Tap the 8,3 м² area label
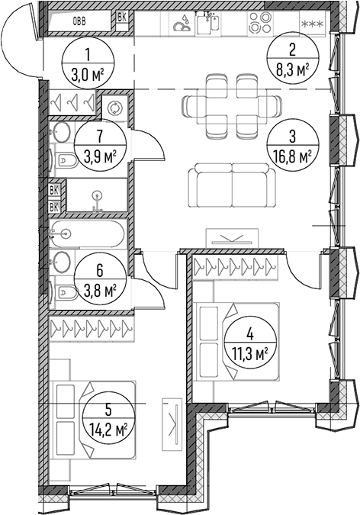[293, 69]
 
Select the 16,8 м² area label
[292, 157]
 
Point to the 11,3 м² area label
[249, 355]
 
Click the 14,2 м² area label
[108, 429]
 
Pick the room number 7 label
[100, 135]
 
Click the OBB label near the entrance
[79, 22]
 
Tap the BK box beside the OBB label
[122, 18]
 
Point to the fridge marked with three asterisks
[313, 24]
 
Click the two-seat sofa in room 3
[233, 185]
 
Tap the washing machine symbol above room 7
[114, 108]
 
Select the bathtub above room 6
[88, 233]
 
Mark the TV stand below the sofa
[232, 238]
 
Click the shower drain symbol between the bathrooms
[97, 196]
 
